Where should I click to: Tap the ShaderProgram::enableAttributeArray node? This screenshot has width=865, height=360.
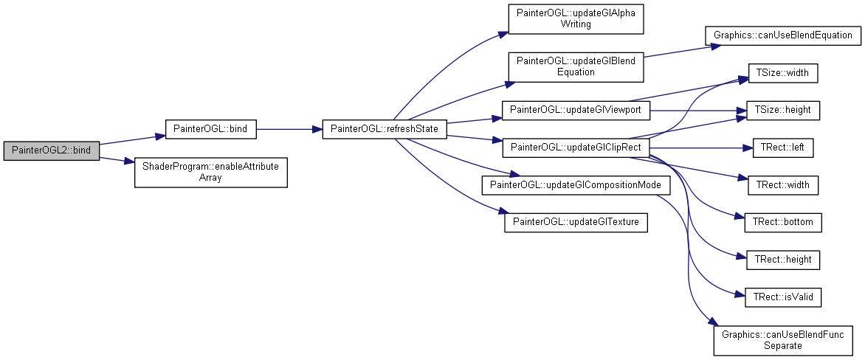point(211,172)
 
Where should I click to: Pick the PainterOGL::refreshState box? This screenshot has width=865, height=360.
point(384,129)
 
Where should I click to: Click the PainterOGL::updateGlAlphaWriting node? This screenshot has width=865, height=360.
point(576,18)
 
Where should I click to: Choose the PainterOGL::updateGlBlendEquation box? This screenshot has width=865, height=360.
point(576,66)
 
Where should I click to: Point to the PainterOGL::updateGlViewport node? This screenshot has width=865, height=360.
point(576,110)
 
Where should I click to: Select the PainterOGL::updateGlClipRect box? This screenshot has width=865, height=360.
point(576,148)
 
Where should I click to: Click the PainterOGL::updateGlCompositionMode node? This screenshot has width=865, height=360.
point(576,185)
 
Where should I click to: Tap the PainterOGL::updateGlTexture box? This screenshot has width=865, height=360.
point(576,222)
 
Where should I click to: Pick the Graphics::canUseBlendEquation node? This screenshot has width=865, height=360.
point(783,35)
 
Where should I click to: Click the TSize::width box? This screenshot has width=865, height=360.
point(783,73)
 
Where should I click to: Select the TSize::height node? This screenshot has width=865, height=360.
point(783,110)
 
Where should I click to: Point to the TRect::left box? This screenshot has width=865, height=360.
point(783,148)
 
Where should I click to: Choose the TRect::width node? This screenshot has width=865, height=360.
point(783,185)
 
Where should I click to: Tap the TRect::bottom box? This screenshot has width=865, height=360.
point(783,222)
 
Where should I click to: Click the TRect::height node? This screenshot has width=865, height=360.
point(783,260)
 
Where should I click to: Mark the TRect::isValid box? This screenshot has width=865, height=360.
point(783,297)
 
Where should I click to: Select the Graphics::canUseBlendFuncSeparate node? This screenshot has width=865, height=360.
point(783,339)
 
